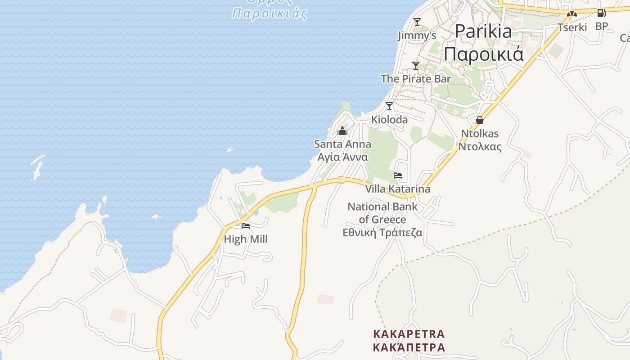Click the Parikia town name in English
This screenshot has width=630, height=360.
tap(483, 31)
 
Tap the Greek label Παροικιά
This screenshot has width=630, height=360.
tap(484, 54)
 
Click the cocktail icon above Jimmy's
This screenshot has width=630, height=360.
tap(417, 22)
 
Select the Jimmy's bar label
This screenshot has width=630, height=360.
tap(417, 36)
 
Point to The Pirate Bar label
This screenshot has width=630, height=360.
tap(416, 79)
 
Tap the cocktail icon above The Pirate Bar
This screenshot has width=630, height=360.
tap(416, 66)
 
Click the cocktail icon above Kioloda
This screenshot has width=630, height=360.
tap(389, 106)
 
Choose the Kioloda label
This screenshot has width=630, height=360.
tap(389, 120)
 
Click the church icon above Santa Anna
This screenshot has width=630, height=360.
tap(342, 131)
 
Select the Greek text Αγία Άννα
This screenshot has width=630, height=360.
tap(342, 157)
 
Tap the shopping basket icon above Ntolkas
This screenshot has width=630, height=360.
tap(480, 120)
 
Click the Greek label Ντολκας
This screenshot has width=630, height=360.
tap(480, 147)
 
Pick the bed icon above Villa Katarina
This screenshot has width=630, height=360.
tap(397, 175)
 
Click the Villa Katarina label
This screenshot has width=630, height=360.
tap(397, 189)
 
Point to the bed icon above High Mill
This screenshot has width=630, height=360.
tap(245, 226)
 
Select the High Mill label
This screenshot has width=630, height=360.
tap(245, 239)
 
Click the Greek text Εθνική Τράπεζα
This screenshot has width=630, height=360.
tap(382, 233)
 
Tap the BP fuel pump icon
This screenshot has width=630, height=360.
tap(601, 13)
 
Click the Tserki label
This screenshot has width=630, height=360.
tap(572, 27)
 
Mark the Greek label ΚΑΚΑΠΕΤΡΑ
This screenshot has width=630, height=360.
tap(409, 347)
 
